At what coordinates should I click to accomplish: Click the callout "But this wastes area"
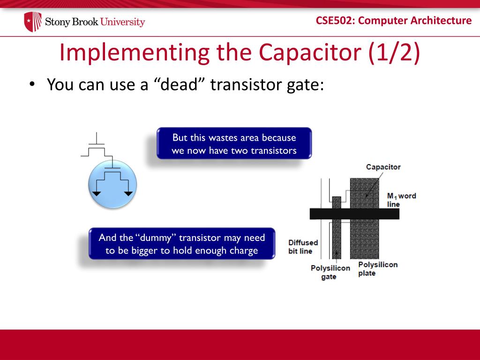tap(234, 143)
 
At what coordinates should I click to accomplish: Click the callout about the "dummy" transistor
tap(182, 244)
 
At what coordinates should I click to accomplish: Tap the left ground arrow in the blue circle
tap(97, 193)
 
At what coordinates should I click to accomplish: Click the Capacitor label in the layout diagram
tap(383, 167)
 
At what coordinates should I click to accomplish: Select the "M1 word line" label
tap(401, 200)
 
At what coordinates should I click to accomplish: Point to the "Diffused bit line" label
tap(303, 247)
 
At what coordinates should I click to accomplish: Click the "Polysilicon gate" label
tap(330, 272)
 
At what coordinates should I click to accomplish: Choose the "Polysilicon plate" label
tap(377, 269)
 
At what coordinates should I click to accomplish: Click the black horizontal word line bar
tap(354, 214)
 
